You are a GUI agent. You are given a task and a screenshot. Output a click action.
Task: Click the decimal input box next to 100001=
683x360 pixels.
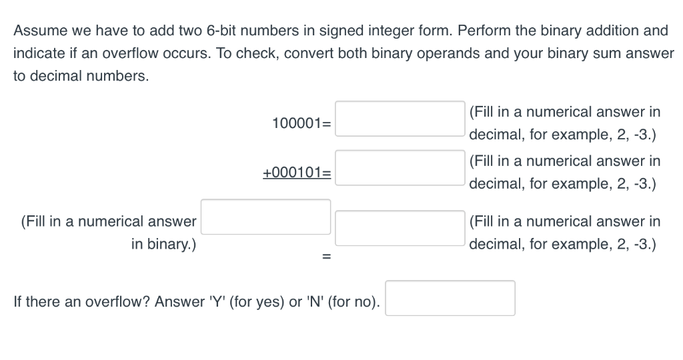click(400, 119)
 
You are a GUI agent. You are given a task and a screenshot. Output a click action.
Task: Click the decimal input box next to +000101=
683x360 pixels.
click(400, 167)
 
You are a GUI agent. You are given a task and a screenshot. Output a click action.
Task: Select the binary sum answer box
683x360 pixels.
click(266, 217)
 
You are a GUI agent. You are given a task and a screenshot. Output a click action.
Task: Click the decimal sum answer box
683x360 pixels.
click(400, 227)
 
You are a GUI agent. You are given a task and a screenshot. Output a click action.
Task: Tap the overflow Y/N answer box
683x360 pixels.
click(450, 298)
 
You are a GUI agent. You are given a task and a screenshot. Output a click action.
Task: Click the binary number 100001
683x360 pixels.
click(297, 123)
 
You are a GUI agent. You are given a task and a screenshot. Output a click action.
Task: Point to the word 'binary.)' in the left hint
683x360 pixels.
click(163, 244)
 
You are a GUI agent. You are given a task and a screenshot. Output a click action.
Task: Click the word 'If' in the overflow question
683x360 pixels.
click(18, 302)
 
